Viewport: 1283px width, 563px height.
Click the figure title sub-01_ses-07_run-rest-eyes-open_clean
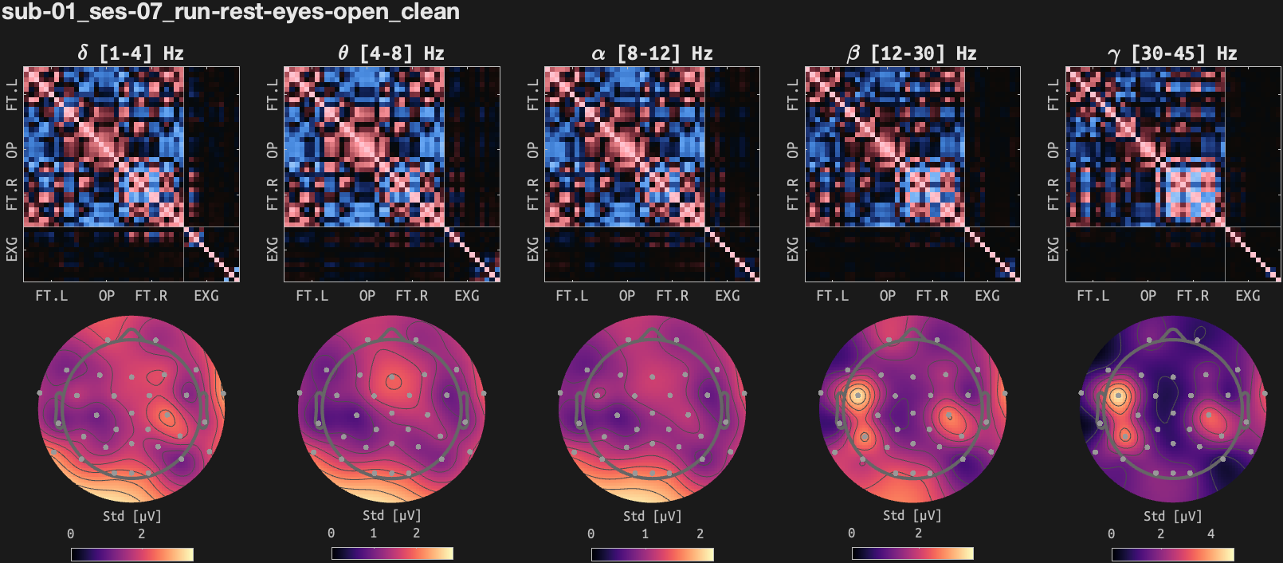pos(230,12)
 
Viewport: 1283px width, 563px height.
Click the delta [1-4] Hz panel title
pos(131,53)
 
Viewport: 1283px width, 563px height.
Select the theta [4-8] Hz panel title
pos(391,53)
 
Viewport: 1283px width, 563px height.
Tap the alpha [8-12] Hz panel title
pos(652,53)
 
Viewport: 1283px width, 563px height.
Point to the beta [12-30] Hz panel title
pos(912,53)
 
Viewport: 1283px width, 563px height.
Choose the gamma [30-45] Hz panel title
pos(1172,53)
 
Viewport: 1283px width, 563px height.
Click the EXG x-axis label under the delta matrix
pos(206,296)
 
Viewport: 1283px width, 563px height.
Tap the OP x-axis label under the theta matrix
pos(367,296)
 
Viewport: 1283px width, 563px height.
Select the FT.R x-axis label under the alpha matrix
pos(672,296)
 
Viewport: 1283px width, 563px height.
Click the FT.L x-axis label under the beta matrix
pos(833,296)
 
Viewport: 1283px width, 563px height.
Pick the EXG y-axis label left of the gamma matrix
pos(1053,249)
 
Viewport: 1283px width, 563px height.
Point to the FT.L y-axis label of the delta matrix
pos(12,94)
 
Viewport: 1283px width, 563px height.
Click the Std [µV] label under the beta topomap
pos(912,516)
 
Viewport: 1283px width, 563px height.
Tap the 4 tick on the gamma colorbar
pos(1210,533)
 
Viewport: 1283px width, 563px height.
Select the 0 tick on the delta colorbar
pos(71,533)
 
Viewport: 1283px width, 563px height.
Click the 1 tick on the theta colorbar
pos(373,533)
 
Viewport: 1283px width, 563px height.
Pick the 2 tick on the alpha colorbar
pos(700,533)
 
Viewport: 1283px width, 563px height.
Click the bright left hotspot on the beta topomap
pos(857,395)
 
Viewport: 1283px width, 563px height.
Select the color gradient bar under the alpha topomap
pos(652,554)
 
